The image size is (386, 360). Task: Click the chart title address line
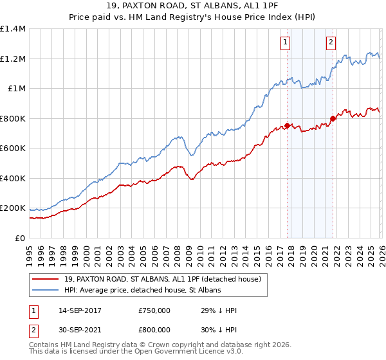point(192,6)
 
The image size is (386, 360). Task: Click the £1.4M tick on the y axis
point(13,29)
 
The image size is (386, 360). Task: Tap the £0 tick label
point(21,238)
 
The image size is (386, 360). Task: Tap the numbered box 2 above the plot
point(331,43)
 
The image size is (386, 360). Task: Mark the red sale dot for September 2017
point(287,126)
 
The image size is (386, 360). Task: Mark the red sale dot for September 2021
point(333,118)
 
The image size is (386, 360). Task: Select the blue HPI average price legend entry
point(142,291)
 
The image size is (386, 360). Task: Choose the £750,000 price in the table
point(154,310)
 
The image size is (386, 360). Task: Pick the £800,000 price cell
point(154,328)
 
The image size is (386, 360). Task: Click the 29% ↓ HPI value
point(219,310)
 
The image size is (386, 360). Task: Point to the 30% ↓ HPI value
point(219,328)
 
